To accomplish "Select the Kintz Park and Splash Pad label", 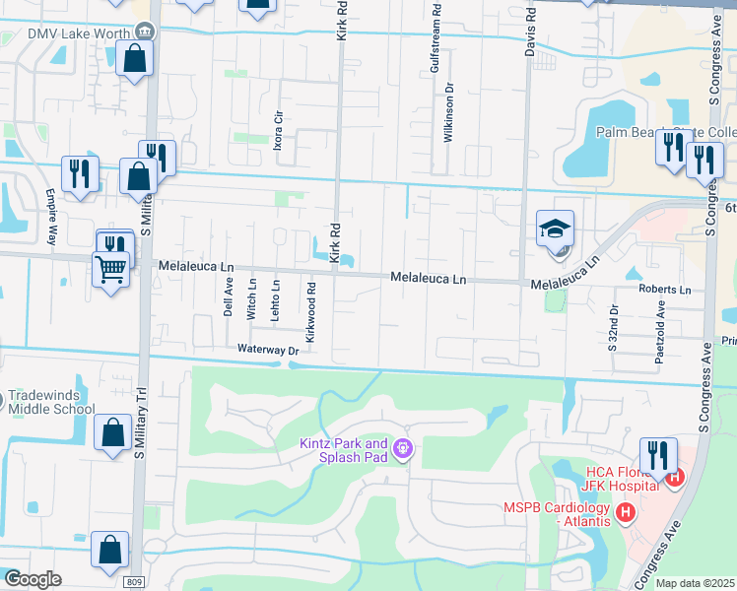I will coord(344,450).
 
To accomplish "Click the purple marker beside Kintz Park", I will coord(401,450).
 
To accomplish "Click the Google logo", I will coord(32,579).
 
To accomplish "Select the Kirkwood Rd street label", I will coord(311,314).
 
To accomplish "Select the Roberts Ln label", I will coord(664,290).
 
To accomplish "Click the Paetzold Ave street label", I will coord(661,338).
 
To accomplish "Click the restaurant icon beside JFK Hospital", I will coord(657,455).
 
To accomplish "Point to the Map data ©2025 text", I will coord(694,583).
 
